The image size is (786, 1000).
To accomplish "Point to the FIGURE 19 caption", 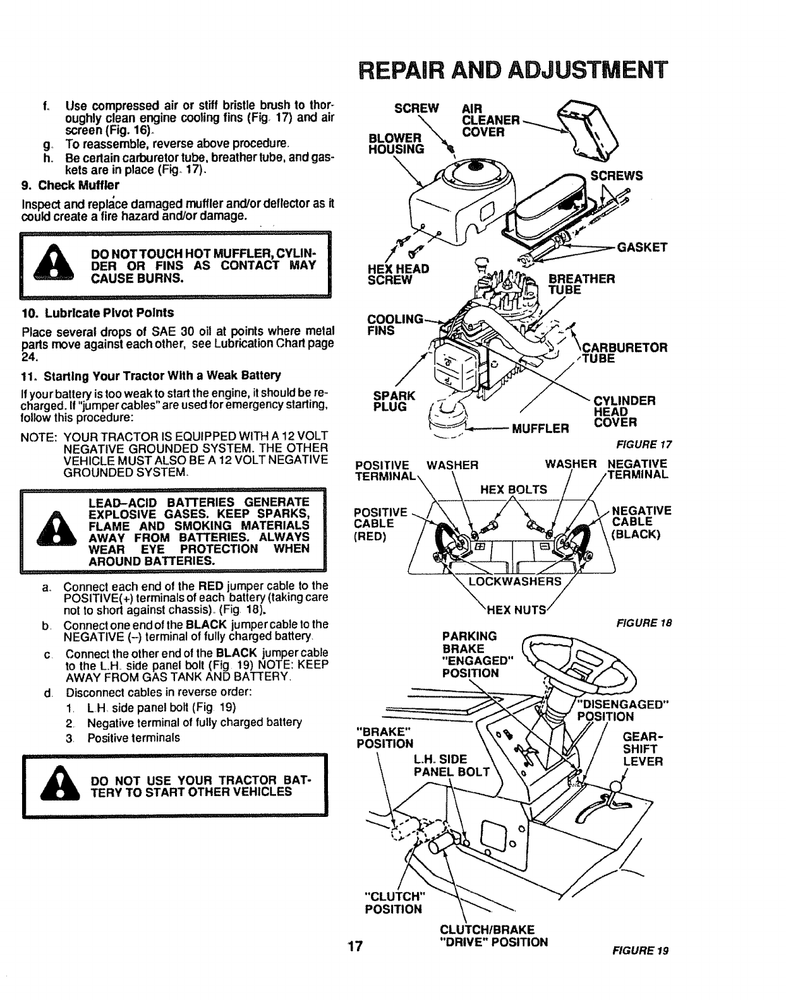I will click(x=640, y=950).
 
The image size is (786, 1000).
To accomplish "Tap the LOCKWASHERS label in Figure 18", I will click(x=514, y=581).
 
